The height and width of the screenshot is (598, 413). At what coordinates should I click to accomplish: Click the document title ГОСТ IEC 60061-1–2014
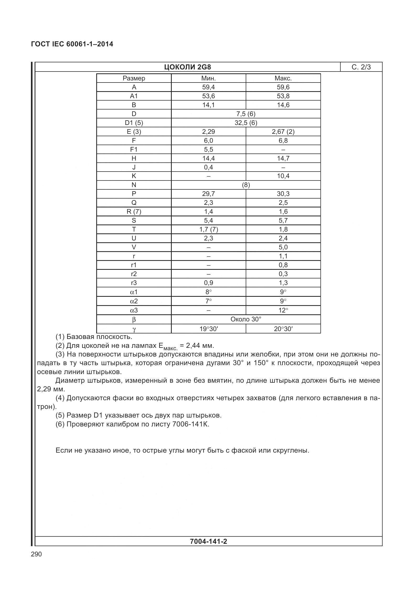(72, 44)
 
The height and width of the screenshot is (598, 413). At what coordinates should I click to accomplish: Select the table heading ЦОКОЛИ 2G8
(187, 67)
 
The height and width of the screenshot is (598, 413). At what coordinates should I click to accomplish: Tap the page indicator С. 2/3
(361, 67)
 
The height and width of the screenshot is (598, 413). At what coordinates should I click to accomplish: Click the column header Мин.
(208, 78)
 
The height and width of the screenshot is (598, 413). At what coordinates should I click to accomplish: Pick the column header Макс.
(283, 78)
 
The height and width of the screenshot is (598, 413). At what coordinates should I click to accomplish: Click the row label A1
(134, 96)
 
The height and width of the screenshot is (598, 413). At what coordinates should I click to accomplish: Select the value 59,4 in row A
(208, 87)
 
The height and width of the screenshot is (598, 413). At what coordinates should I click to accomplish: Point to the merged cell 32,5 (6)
(246, 123)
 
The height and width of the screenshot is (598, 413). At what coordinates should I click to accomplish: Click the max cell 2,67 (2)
(283, 132)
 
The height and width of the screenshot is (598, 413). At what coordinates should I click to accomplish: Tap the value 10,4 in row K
(283, 176)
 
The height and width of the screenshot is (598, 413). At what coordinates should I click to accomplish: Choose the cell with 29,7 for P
(208, 194)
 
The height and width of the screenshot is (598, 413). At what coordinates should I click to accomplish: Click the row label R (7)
(134, 212)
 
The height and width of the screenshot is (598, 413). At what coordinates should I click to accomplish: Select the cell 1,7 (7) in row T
(208, 229)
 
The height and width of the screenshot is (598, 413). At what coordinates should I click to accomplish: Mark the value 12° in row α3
(283, 310)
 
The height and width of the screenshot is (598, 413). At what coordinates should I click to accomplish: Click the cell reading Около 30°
(246, 319)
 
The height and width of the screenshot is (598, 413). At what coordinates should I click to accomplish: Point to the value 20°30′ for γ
(283, 329)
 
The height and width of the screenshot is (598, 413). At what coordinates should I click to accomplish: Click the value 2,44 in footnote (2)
(194, 345)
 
